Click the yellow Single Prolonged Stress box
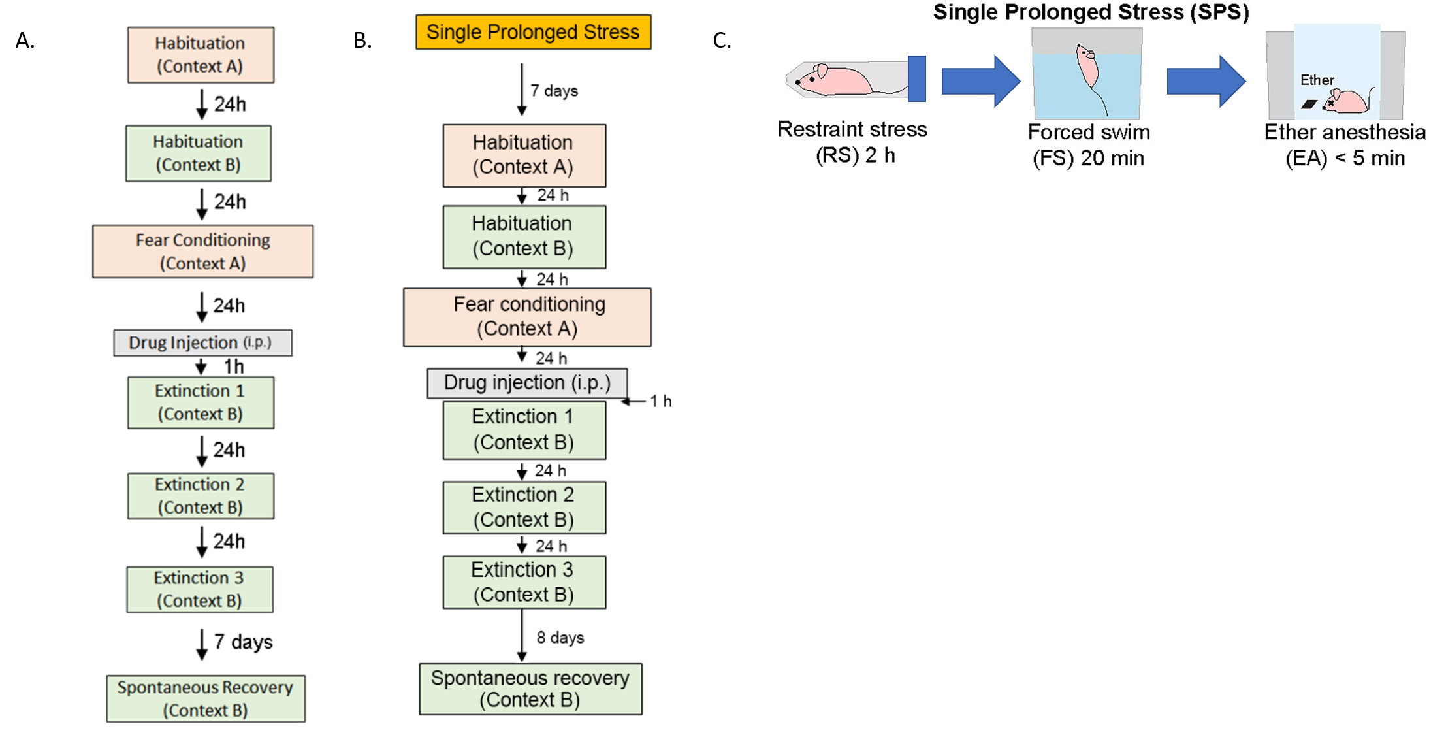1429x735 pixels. point(533,32)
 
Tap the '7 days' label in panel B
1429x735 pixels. point(554,91)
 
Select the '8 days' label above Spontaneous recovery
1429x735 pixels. point(560,638)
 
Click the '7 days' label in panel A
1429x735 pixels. point(243,642)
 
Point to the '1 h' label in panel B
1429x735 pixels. point(660,401)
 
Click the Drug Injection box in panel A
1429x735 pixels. point(202,343)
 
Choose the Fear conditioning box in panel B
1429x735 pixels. point(527,317)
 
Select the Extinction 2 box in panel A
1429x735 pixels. point(201,496)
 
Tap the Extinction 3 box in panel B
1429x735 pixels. point(524,582)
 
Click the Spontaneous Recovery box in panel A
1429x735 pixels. point(206,698)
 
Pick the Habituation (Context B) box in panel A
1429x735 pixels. point(198,154)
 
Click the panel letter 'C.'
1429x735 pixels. point(722,41)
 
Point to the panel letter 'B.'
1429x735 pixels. point(362,41)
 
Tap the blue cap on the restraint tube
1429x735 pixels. point(916,78)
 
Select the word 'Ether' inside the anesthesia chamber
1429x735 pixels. point(1317,80)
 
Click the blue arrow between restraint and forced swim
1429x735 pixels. point(980,81)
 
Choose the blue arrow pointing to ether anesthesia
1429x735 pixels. point(1206,81)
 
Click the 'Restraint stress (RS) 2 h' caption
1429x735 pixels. point(852,142)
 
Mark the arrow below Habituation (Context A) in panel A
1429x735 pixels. point(202,105)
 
